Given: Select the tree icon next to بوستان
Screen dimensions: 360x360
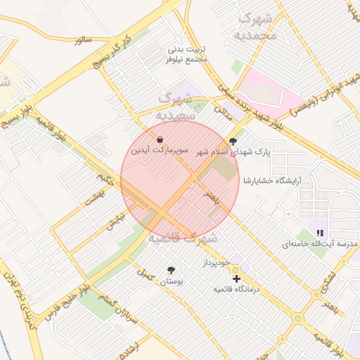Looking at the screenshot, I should pos(171,270).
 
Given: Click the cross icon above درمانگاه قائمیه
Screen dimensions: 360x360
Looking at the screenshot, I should pos(236,279).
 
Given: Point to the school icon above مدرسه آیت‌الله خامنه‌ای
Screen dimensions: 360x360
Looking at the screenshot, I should pos(320,233).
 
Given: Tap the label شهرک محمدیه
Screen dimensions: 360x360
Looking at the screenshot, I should pos(257,26).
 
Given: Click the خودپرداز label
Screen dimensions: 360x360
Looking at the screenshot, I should pos(217,262).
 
